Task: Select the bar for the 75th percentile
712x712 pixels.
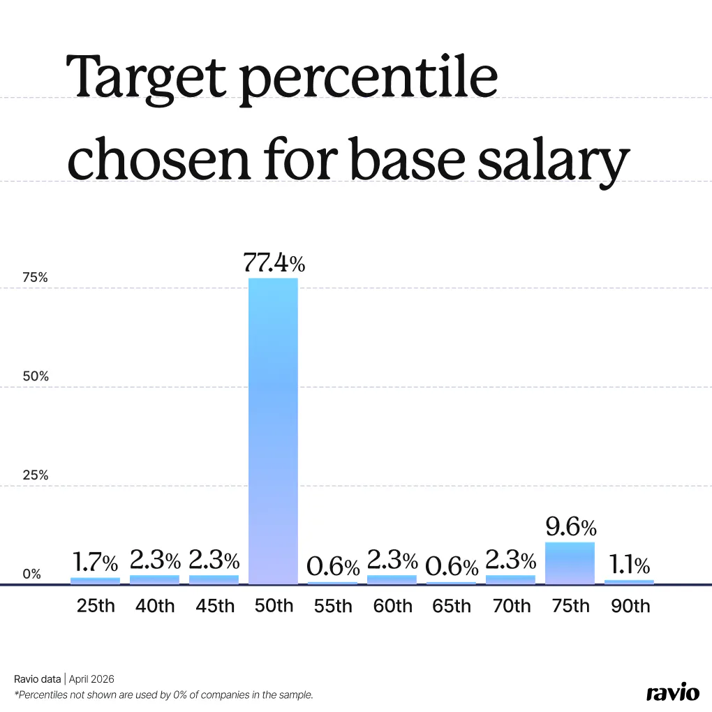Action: [x=570, y=563]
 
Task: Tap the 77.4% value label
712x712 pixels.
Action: [x=274, y=263]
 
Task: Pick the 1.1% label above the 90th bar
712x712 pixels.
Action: [x=628, y=564]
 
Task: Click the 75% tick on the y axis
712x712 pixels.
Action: [x=34, y=277]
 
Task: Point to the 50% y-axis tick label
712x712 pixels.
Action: [x=34, y=376]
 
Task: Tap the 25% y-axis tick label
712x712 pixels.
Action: [x=34, y=475]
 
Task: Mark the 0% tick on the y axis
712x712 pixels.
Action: [x=32, y=574]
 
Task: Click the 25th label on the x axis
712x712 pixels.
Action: [x=96, y=605]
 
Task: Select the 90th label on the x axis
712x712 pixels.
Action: [x=630, y=605]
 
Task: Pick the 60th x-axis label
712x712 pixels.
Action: [x=392, y=605]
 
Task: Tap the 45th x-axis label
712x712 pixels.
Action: [x=214, y=605]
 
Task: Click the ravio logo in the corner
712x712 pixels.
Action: [x=672, y=692]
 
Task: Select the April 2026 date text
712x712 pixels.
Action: [x=91, y=678]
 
